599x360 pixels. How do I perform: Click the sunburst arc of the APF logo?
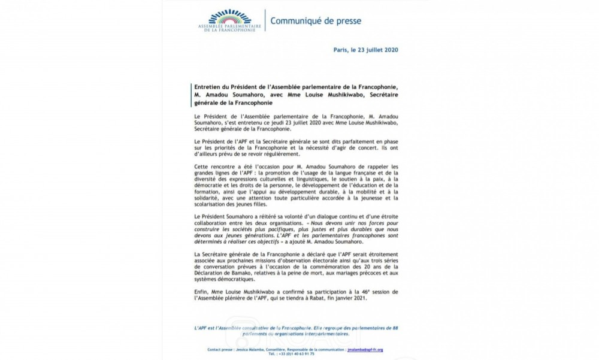[x=227, y=17]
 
